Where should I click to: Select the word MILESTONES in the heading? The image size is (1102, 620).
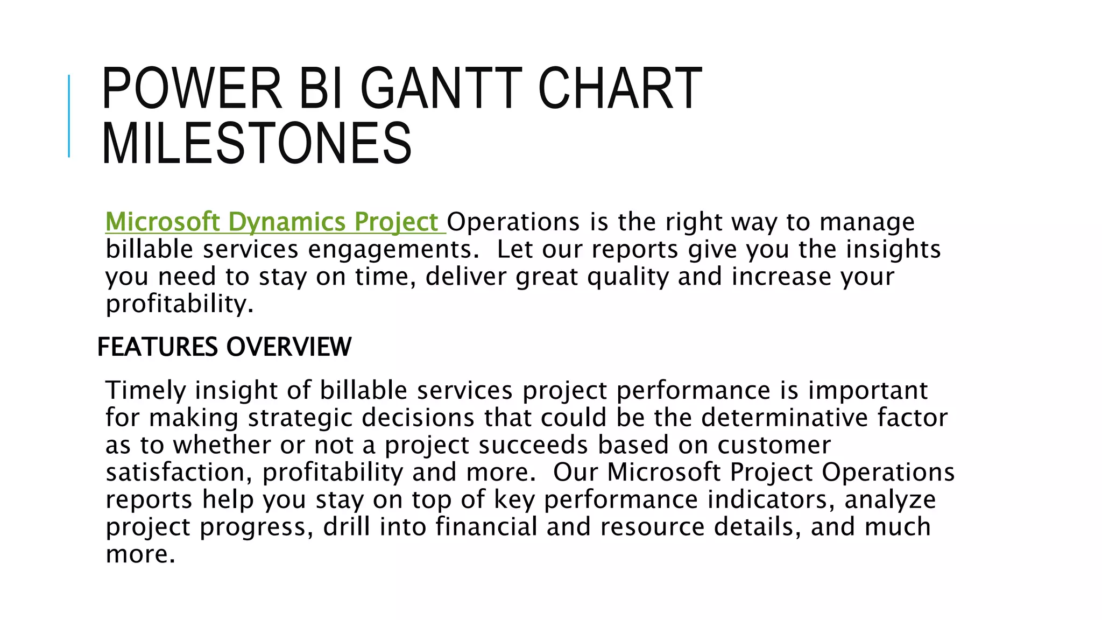(257, 143)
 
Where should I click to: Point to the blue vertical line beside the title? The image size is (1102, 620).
(69, 116)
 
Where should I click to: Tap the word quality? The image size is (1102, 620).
(627, 277)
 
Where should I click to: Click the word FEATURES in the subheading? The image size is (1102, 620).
(158, 347)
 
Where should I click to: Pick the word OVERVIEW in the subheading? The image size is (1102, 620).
(288, 347)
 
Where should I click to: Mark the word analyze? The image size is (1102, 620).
(890, 500)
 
